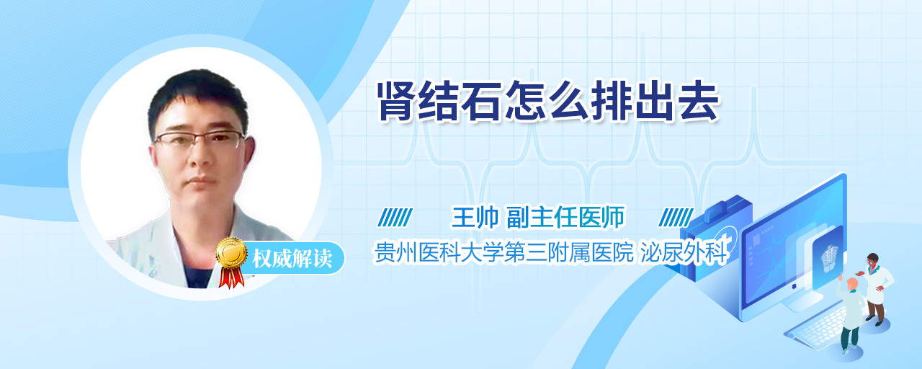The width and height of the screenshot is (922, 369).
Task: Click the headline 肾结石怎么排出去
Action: click(548, 102)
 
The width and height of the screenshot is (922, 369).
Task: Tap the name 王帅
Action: click(475, 217)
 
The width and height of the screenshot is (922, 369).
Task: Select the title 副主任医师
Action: click(565, 217)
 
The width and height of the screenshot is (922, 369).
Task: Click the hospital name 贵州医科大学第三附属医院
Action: click(503, 252)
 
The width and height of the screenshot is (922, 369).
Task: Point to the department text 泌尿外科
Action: click(684, 252)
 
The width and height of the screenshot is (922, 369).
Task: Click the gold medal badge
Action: click(232, 252)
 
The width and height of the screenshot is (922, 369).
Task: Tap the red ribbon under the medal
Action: click(231, 277)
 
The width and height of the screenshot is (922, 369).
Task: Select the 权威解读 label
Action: click(292, 258)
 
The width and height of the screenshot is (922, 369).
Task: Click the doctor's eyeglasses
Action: click(200, 140)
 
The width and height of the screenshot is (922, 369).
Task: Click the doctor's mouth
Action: click(202, 180)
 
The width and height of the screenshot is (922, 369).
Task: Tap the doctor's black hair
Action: click(197, 99)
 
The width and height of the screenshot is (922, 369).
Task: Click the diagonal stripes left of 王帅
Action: click(395, 218)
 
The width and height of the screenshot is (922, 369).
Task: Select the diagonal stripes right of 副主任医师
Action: click(676, 218)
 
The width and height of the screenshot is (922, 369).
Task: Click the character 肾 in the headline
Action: click(398, 102)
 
